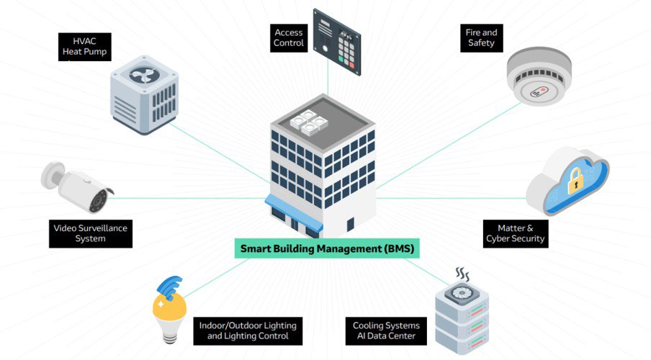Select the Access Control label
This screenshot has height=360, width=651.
tap(288, 37)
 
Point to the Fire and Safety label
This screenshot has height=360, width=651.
tap(481, 37)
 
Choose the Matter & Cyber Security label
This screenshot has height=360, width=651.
tap(515, 233)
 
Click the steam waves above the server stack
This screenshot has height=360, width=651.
tap(462, 274)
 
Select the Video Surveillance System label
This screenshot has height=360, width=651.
tap(91, 233)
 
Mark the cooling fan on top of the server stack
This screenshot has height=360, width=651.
tap(461, 296)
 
